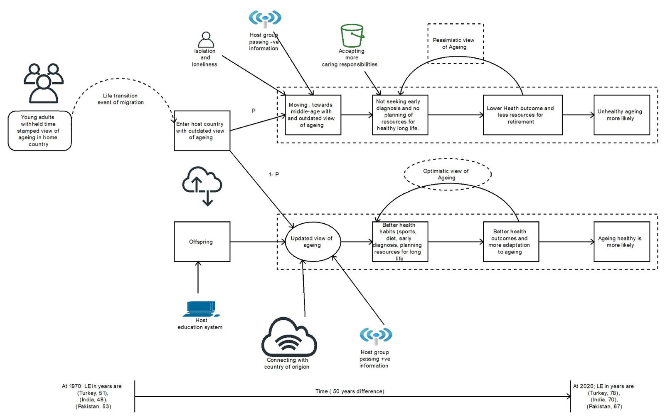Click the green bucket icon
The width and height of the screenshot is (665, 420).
(352, 36)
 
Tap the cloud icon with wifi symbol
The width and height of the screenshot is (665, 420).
(289, 337)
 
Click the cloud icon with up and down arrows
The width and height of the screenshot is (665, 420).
(202, 186)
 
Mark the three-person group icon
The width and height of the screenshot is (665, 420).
(44, 83)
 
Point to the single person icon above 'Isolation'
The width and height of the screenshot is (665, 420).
(206, 40)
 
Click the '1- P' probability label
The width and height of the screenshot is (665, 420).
(274, 174)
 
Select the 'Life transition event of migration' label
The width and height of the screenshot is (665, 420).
(120, 99)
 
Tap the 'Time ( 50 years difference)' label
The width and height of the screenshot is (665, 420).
(350, 391)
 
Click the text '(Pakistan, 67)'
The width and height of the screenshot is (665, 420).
(604, 406)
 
